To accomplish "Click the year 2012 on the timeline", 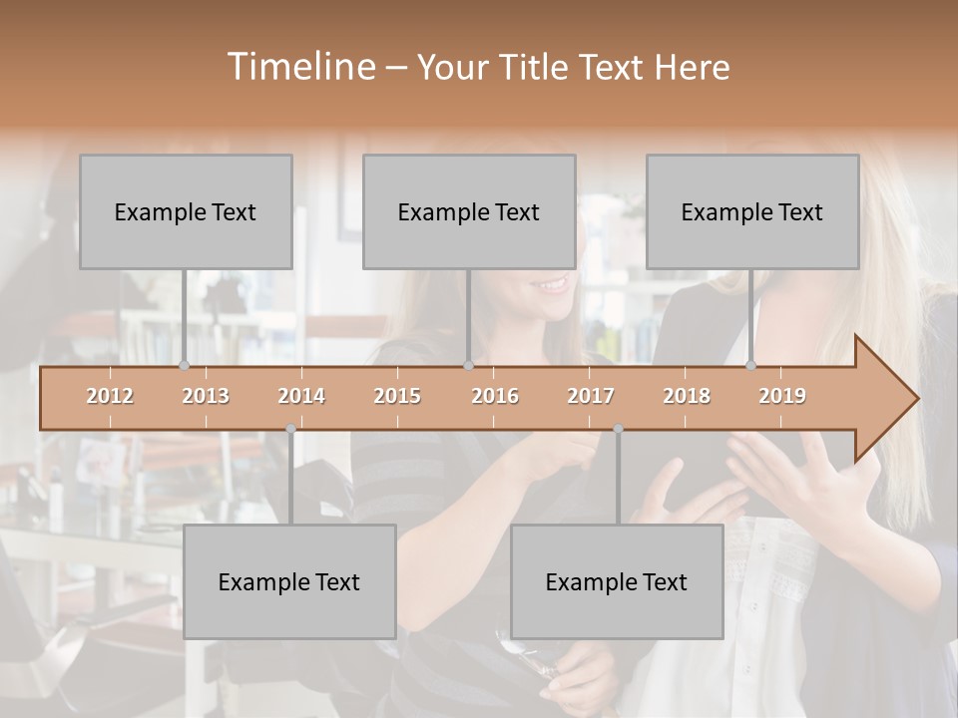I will click(110, 396).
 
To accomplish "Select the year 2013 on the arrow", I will click(206, 396).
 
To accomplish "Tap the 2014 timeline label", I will click(301, 396).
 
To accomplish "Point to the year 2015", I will click(397, 396).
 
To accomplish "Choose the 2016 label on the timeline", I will click(495, 396).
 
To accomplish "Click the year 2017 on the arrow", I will click(591, 396).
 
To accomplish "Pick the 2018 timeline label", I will click(687, 396).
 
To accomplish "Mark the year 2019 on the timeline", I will click(782, 396).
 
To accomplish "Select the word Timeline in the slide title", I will click(299, 67).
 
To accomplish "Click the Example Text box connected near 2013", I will click(186, 211).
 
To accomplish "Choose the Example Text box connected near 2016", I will click(469, 211).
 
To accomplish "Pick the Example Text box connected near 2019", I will click(752, 211).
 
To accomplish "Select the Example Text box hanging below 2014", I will click(289, 581).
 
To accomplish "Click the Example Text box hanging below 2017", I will click(617, 581).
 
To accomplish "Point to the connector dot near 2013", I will click(184, 365).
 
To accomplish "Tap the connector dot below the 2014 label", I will click(290, 429).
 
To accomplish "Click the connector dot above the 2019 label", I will click(750, 365).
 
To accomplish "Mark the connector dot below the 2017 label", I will click(618, 429).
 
